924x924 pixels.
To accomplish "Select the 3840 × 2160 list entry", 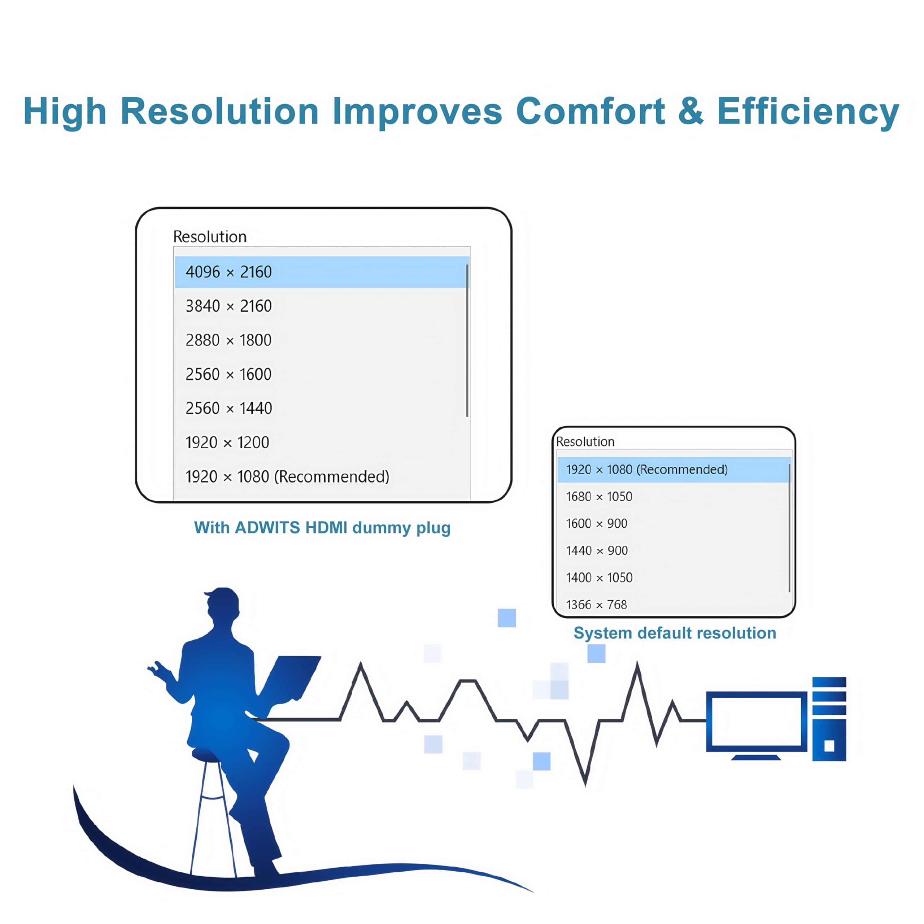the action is click(x=228, y=306).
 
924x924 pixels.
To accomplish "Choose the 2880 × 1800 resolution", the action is click(x=228, y=340).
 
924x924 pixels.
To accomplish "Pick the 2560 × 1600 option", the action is click(x=228, y=374).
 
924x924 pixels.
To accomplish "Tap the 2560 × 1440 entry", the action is click(x=228, y=408).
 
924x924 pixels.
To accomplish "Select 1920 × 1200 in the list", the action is click(x=227, y=443).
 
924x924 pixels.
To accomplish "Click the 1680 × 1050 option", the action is click(x=599, y=496).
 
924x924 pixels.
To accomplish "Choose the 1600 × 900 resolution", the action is click(x=596, y=523).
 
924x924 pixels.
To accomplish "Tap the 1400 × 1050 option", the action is click(x=599, y=578).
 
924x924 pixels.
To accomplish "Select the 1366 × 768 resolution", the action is click(x=596, y=605).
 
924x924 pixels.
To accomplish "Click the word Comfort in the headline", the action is click(x=590, y=111).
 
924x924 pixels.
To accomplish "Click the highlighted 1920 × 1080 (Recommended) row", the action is click(x=674, y=470).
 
